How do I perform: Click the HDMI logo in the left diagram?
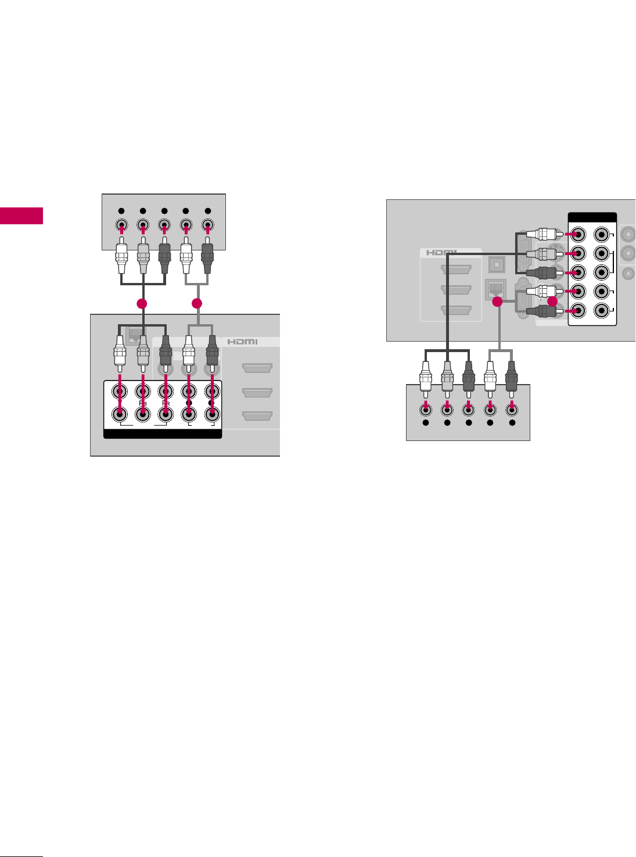(x=242, y=342)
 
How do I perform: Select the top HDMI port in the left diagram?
(x=257, y=368)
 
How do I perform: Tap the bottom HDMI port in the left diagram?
(x=257, y=416)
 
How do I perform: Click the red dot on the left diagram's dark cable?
(x=141, y=303)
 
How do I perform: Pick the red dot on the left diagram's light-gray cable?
(x=197, y=303)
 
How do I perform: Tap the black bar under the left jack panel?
(x=163, y=433)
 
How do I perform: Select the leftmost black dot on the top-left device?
(x=120, y=211)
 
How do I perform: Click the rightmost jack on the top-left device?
(x=207, y=225)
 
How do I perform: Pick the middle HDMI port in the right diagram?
(x=456, y=289)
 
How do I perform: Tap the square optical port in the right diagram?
(x=495, y=264)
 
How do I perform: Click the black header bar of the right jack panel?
(x=592, y=218)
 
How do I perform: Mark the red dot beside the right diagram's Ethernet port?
(x=497, y=302)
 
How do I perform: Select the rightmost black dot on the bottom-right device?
(x=512, y=424)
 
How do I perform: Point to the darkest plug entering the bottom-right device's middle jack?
(x=469, y=377)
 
